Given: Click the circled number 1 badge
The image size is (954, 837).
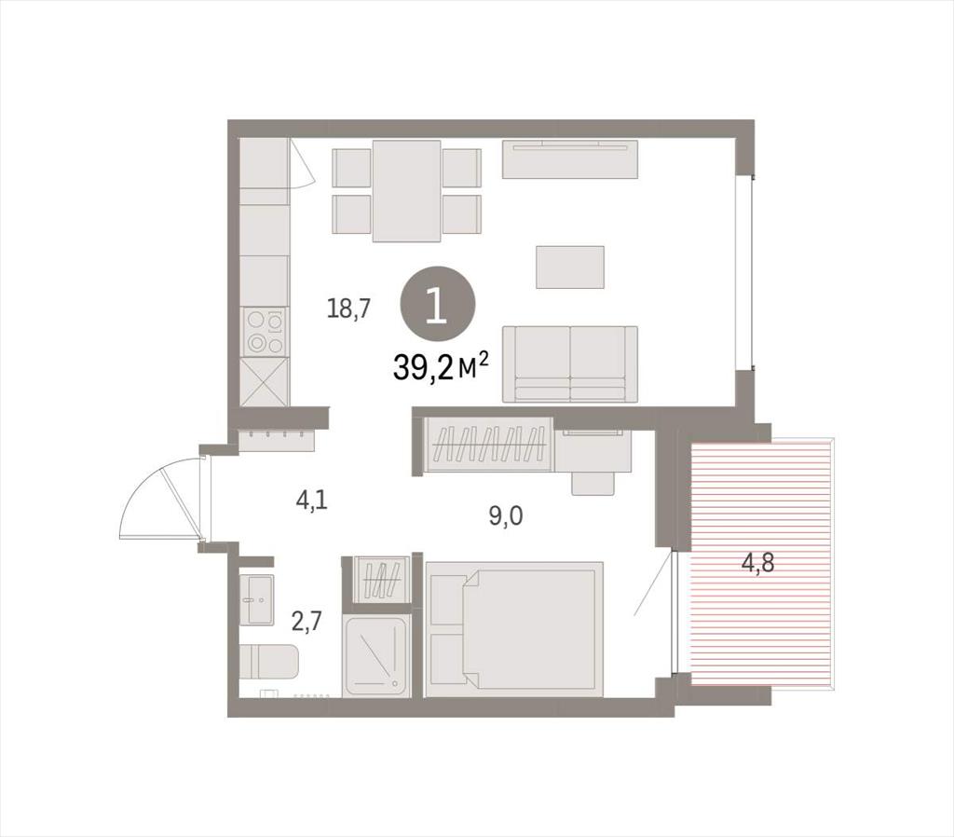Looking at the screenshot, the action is tap(436, 308).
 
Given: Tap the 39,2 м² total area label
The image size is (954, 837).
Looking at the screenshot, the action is tap(441, 366).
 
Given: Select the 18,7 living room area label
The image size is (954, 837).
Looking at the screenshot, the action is tap(348, 309).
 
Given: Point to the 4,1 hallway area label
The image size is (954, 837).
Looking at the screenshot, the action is tap(311, 501).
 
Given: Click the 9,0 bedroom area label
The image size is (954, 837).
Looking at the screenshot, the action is tap(506, 516).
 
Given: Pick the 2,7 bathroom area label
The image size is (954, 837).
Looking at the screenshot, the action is tap(306, 622).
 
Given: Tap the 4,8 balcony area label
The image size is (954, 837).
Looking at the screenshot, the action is tap(757, 563).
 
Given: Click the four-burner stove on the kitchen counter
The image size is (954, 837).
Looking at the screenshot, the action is tap(265, 332).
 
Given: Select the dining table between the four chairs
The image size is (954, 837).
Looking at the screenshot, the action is tap(406, 190).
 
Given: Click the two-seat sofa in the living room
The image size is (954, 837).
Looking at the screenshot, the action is tap(570, 364).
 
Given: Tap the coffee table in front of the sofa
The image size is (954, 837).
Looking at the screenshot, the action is tap(570, 268).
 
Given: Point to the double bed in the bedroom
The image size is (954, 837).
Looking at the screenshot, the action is tap(514, 629).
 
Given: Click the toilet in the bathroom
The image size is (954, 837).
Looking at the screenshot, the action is tap(268, 663).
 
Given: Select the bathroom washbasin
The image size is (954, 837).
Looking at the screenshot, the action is tap(256, 599).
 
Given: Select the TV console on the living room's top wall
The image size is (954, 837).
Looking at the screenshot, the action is tap(569, 158).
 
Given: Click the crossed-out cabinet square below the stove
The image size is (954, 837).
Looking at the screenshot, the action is tap(264, 381).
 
